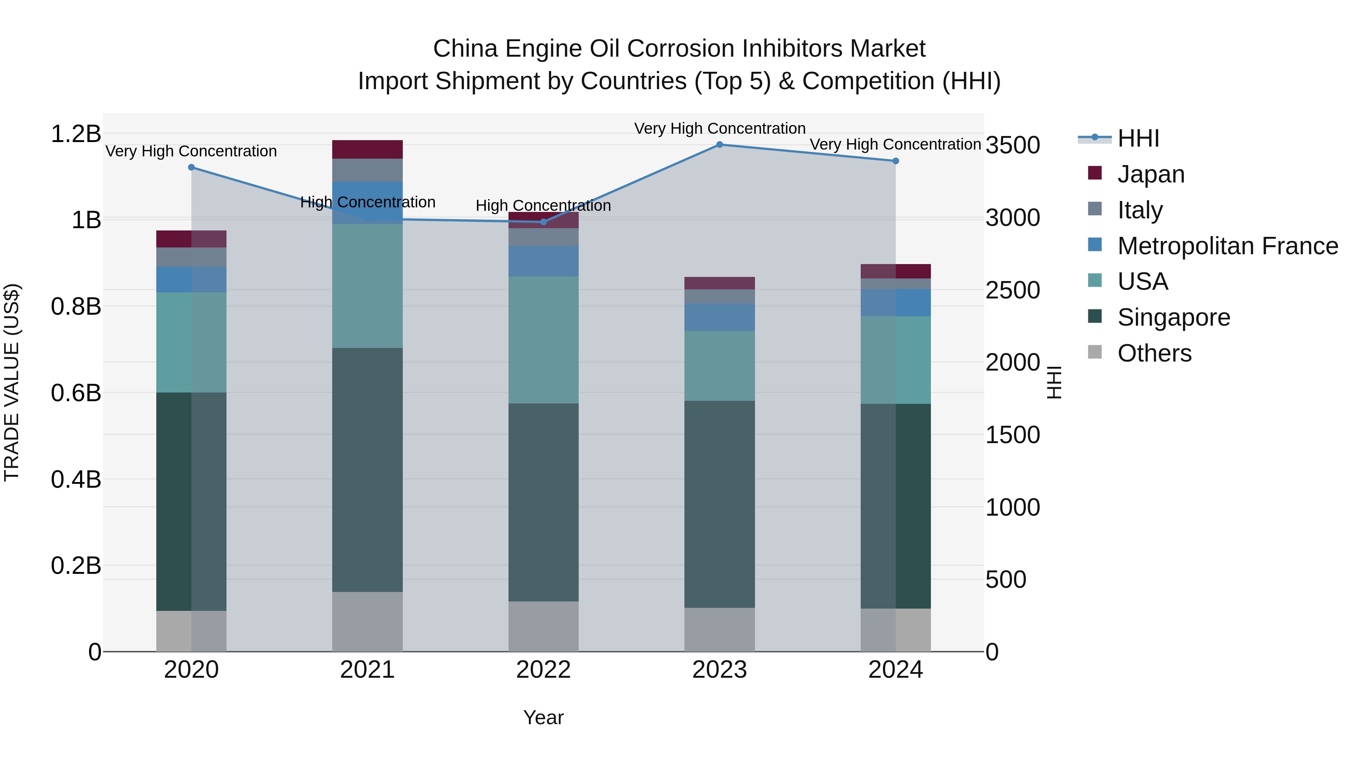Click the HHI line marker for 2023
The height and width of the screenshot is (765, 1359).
point(719,145)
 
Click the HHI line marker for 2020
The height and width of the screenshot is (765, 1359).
point(191,167)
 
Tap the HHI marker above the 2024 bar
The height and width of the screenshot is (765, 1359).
point(895,161)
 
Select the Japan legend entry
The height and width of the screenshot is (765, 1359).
point(1150,174)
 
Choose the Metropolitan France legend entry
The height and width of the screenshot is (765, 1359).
point(1227,246)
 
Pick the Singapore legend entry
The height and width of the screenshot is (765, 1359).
point(1173,317)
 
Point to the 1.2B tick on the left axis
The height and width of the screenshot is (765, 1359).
point(76,134)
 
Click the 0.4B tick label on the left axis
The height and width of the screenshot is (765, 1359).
point(76,479)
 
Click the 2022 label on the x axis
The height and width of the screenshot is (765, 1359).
point(543,670)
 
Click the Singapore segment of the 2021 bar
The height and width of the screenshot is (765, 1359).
point(367,470)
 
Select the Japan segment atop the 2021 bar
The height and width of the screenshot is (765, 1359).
point(367,149)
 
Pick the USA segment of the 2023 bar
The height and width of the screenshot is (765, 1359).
point(719,366)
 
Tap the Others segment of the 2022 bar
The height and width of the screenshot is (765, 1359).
point(543,626)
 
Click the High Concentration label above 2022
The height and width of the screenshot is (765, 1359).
point(543,206)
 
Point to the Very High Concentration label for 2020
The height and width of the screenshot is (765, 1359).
point(191,151)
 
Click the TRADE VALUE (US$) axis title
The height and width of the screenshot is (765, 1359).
point(12,382)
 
